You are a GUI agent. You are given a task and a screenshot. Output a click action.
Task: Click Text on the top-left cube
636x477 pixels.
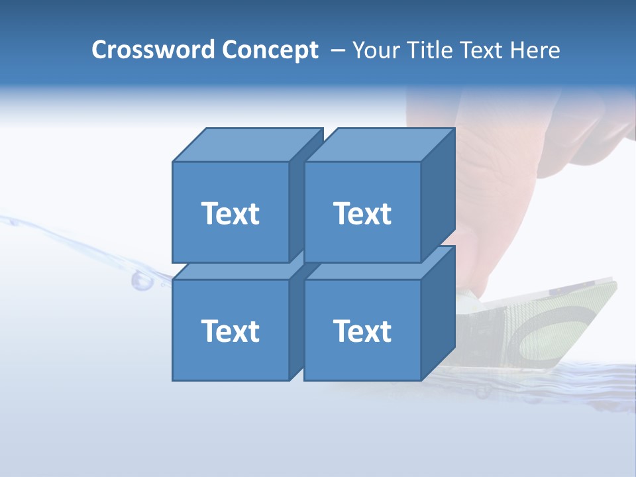click(230, 213)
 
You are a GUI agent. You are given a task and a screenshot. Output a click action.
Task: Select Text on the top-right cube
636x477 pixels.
click(362, 213)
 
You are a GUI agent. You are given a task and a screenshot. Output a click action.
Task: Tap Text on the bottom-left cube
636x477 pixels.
click(230, 331)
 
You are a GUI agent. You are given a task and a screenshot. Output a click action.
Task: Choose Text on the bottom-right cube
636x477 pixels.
click(362, 331)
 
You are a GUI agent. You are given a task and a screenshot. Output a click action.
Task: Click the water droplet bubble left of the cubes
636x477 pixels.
click(141, 281)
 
